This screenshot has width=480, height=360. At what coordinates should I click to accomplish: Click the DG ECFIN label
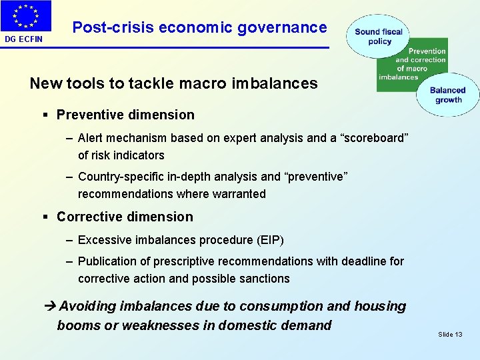tap(24, 39)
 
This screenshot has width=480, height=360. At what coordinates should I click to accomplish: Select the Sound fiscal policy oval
tap(378, 37)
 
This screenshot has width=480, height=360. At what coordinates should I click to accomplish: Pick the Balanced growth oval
tap(448, 95)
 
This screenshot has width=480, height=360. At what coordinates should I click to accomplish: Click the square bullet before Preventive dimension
tap(45, 115)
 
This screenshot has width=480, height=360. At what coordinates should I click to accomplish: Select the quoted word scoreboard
tap(369, 138)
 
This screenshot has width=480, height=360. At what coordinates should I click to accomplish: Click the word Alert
tap(92, 138)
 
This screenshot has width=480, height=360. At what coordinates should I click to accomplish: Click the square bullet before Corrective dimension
tap(45, 217)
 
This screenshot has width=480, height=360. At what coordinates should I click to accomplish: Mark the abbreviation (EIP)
tap(267, 239)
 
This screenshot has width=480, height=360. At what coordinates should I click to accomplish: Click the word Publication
tap(107, 261)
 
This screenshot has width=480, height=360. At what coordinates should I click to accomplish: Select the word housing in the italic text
tap(379, 307)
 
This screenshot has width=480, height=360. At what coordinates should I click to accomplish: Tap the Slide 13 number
tap(450, 334)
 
